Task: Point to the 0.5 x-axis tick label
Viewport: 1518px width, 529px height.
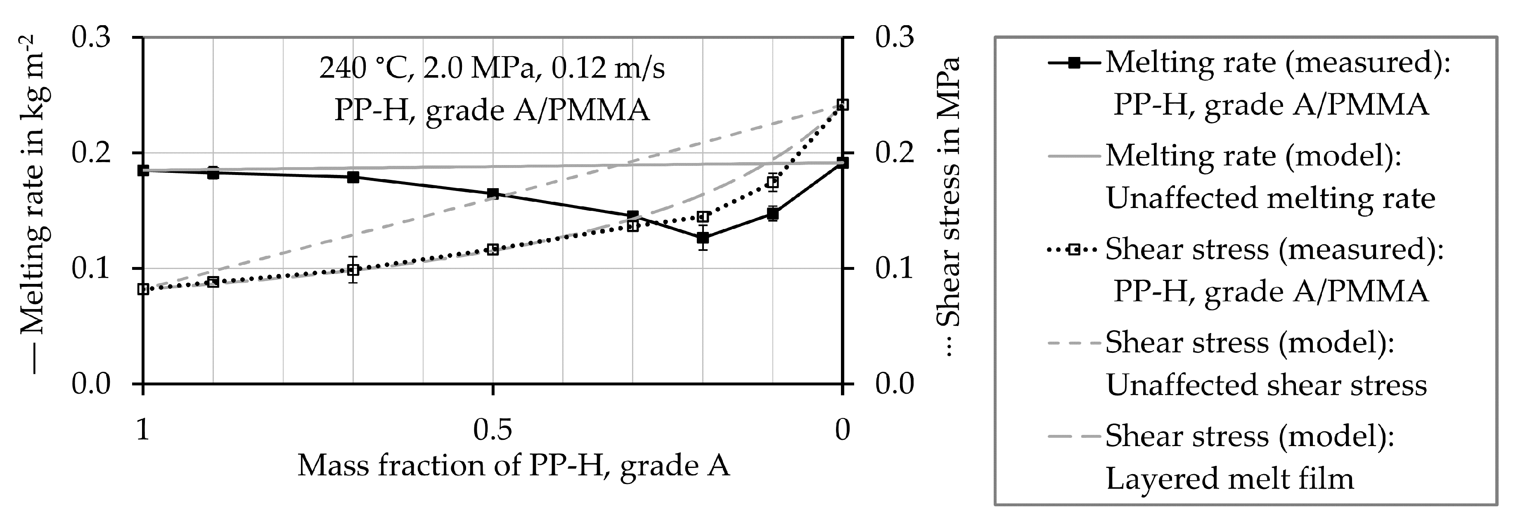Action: tap(493, 430)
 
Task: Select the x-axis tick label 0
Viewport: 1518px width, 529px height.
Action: tap(843, 430)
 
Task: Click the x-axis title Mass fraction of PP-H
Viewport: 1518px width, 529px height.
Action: tap(513, 466)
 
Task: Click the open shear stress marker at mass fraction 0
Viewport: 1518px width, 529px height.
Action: tap(843, 105)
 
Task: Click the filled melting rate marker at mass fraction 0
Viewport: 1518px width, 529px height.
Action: tap(843, 163)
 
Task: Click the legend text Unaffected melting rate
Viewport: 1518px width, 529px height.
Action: tap(1270, 198)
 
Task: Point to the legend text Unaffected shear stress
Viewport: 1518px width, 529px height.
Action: tap(1266, 385)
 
